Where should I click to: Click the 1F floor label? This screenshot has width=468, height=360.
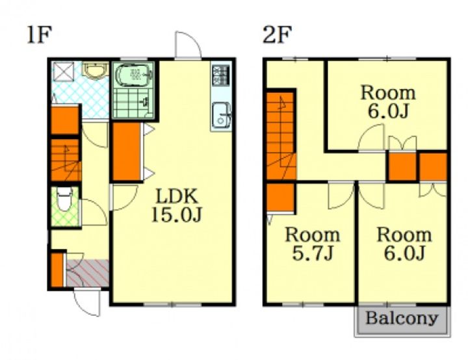[x=40, y=35]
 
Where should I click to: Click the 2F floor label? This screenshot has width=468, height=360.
[x=277, y=34]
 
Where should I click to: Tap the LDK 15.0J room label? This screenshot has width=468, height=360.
[x=177, y=205]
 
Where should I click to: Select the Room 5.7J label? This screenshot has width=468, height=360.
[x=313, y=244]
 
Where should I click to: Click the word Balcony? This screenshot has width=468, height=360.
[x=402, y=318]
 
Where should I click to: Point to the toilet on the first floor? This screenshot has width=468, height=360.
[x=64, y=198]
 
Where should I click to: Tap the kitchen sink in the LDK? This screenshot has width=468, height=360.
[x=221, y=116]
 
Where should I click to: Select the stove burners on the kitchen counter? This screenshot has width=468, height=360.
[x=220, y=75]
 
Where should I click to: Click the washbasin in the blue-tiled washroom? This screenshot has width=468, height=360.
[x=96, y=71]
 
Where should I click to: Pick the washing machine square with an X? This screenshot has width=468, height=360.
[x=63, y=72]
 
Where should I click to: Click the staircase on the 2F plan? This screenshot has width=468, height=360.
[x=281, y=136]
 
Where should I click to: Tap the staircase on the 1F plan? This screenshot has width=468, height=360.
[x=66, y=160]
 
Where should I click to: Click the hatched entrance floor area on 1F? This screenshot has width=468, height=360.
[x=87, y=273]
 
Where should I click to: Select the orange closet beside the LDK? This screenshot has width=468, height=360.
[x=127, y=151]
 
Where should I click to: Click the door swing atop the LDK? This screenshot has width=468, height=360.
[x=188, y=45]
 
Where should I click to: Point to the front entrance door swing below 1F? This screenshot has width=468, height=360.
[x=87, y=303]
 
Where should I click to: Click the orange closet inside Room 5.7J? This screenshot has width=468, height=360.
[x=280, y=198]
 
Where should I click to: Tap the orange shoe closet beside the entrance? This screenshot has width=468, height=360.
[x=57, y=270]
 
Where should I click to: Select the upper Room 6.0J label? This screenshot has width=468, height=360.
[x=387, y=102]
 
